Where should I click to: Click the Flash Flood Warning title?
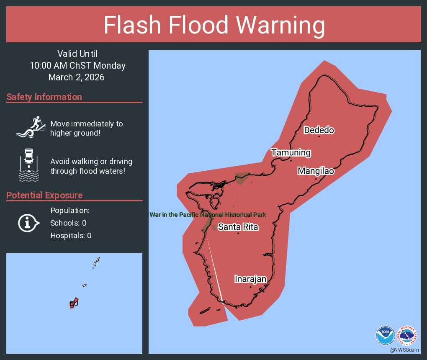tap(214, 25)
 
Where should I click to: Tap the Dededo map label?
tap(319, 130)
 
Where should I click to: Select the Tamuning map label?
tap(291, 152)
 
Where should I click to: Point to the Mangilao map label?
tap(316, 171)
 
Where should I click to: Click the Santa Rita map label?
tap(238, 227)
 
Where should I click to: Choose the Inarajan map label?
tap(250, 279)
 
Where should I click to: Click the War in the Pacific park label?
tap(208, 215)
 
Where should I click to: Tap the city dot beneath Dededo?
tap(319, 136)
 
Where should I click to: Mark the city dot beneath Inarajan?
tap(250, 287)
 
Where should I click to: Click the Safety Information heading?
tap(44, 97)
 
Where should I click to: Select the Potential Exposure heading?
tap(44, 195)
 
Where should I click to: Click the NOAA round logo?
tap(385, 334)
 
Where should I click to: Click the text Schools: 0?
tap(68, 223)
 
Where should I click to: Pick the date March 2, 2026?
tap(76, 77)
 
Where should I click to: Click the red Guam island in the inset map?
tap(74, 303)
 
